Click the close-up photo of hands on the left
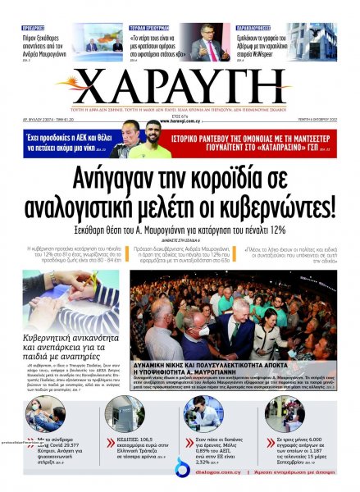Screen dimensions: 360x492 click(71, 300)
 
